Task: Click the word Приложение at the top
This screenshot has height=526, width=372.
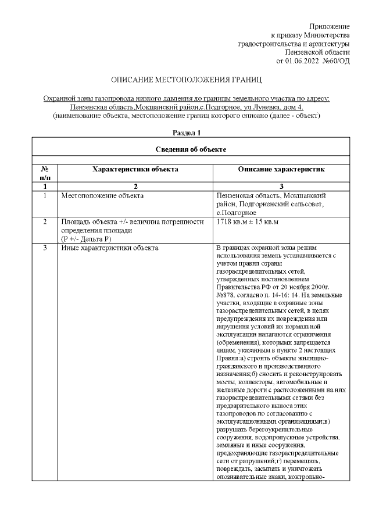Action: (330, 27)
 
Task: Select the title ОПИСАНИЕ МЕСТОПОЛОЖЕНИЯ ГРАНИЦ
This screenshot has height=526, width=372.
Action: (186, 78)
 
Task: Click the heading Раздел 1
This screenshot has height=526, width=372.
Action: (186, 133)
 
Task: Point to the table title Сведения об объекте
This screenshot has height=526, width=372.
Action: (191, 149)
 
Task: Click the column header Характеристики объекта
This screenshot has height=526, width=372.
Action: (135, 169)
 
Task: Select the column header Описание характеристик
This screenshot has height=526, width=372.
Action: (281, 169)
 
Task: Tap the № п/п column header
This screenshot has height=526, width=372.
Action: (45, 173)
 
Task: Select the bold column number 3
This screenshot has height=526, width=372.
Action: (281, 187)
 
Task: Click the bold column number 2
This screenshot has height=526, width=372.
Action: (135, 187)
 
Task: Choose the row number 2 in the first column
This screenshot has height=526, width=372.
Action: (45, 222)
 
